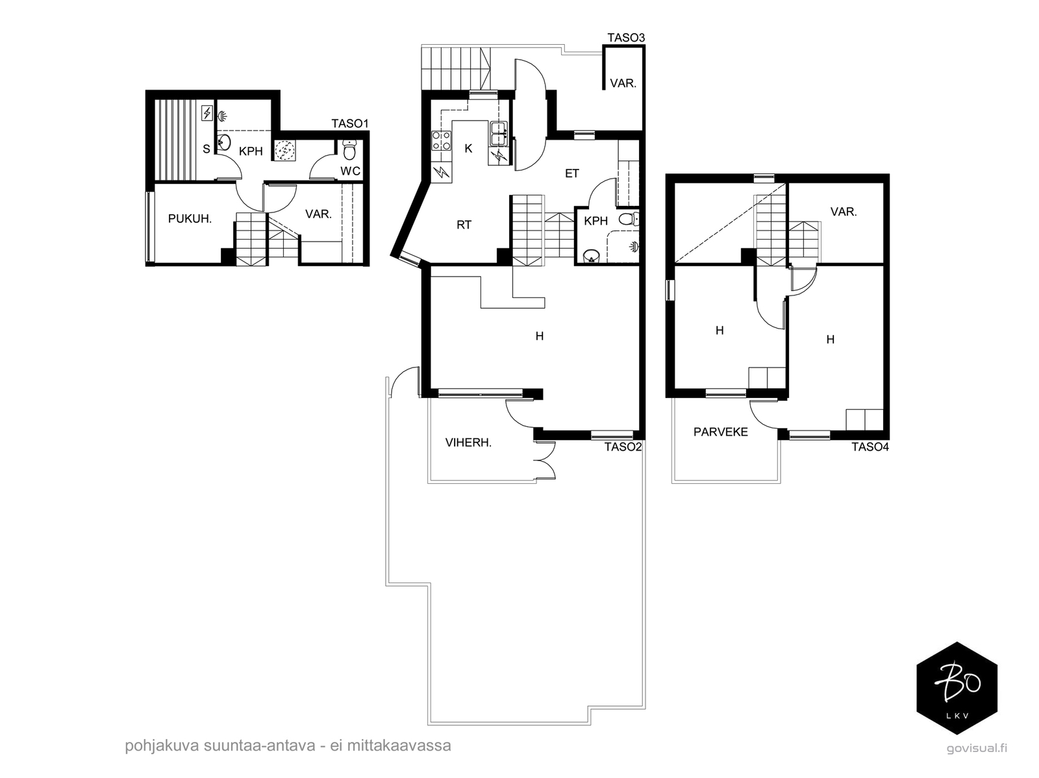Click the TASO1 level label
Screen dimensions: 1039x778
pyautogui.click(x=350, y=123)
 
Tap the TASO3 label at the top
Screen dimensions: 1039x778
pyautogui.click(x=626, y=38)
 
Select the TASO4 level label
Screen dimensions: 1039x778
pyautogui.click(x=870, y=447)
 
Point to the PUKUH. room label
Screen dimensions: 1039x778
pyautogui.click(x=190, y=219)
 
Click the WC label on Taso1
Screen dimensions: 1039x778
pyautogui.click(x=350, y=171)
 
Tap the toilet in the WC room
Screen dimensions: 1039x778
pyautogui.click(x=349, y=149)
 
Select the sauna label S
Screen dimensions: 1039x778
pyautogui.click(x=207, y=149)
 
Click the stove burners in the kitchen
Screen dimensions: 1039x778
pyautogui.click(x=441, y=141)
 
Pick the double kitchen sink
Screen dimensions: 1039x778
pyautogui.click(x=499, y=133)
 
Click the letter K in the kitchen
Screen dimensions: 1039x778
pyautogui.click(x=468, y=149)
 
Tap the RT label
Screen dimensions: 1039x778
pyautogui.click(x=464, y=225)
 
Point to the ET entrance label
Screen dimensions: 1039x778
pyautogui.click(x=572, y=173)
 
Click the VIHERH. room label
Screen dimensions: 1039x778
pyautogui.click(x=469, y=443)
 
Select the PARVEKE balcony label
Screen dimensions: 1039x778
pyautogui.click(x=720, y=432)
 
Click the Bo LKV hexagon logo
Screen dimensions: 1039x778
pyautogui.click(x=957, y=688)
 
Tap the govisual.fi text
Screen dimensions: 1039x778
pyautogui.click(x=977, y=748)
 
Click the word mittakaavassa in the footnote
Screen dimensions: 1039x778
pyautogui.click(x=399, y=746)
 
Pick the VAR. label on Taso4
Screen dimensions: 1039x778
pyautogui.click(x=844, y=212)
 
